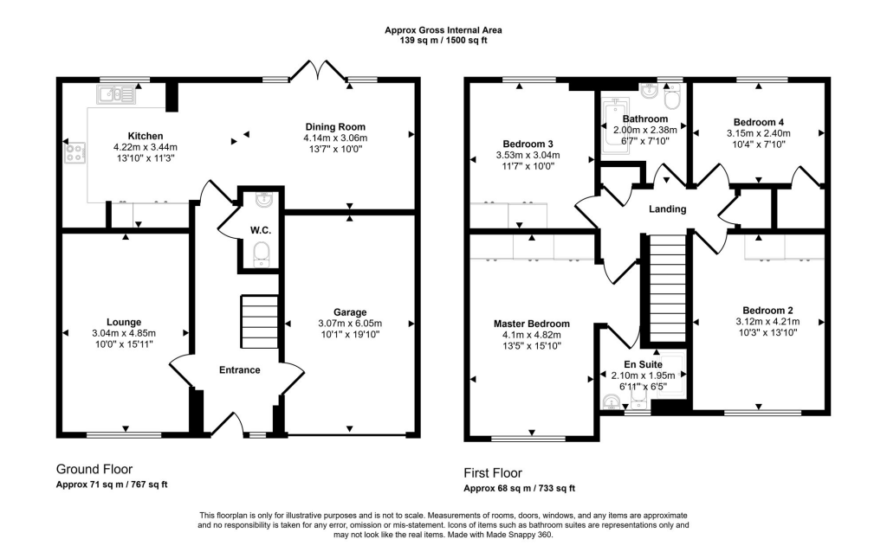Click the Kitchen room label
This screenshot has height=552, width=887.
click(x=141, y=137)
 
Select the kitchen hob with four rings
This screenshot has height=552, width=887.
click(x=74, y=154)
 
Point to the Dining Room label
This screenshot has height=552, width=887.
click(x=335, y=126)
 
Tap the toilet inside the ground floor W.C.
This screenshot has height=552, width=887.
click(x=261, y=254)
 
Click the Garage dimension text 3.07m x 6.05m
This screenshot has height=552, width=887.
click(x=350, y=324)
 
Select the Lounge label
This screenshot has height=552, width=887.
click(x=124, y=321)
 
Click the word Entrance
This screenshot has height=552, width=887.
click(x=239, y=370)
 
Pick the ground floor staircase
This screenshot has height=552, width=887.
click(x=258, y=321)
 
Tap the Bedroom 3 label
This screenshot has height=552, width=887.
click(x=528, y=144)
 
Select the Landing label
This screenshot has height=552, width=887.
click(x=668, y=209)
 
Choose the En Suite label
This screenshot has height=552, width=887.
click(x=644, y=365)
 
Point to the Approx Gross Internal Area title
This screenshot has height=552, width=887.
click(x=443, y=30)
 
